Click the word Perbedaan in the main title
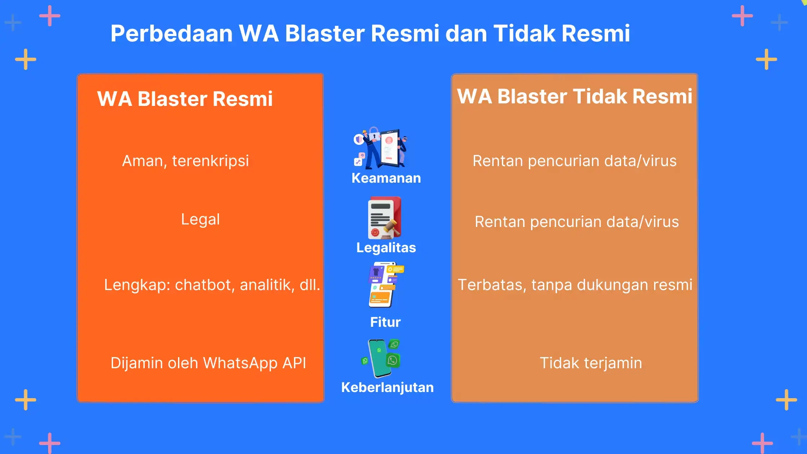(x=171, y=34)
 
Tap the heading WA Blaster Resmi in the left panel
(x=185, y=99)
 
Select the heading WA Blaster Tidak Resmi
(x=575, y=96)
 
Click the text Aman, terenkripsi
(x=186, y=161)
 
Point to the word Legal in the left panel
(x=200, y=219)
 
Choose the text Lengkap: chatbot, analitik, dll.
(x=212, y=285)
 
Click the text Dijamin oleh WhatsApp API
(x=208, y=363)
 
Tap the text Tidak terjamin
(x=591, y=363)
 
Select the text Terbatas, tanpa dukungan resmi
(x=575, y=285)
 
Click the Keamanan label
(x=386, y=178)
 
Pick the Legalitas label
(x=386, y=248)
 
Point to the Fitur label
(x=385, y=322)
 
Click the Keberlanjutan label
(x=387, y=387)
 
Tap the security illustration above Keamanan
(x=380, y=148)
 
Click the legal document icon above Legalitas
(x=384, y=218)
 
